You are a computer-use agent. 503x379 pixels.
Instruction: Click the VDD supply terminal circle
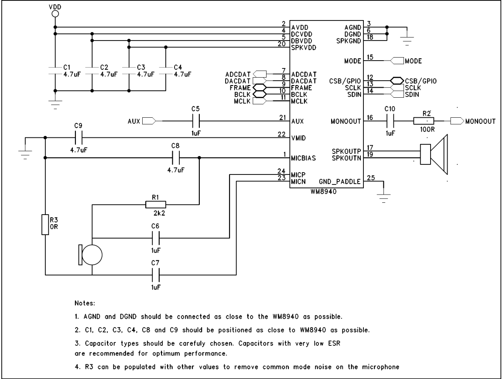(55, 14)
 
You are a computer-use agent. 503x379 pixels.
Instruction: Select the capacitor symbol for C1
(55, 71)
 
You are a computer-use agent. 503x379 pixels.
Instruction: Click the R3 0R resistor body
(45, 225)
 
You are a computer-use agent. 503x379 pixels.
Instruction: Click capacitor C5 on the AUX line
(195, 121)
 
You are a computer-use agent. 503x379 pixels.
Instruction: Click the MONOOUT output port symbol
(457, 121)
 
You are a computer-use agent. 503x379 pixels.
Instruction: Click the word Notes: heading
(88, 302)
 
